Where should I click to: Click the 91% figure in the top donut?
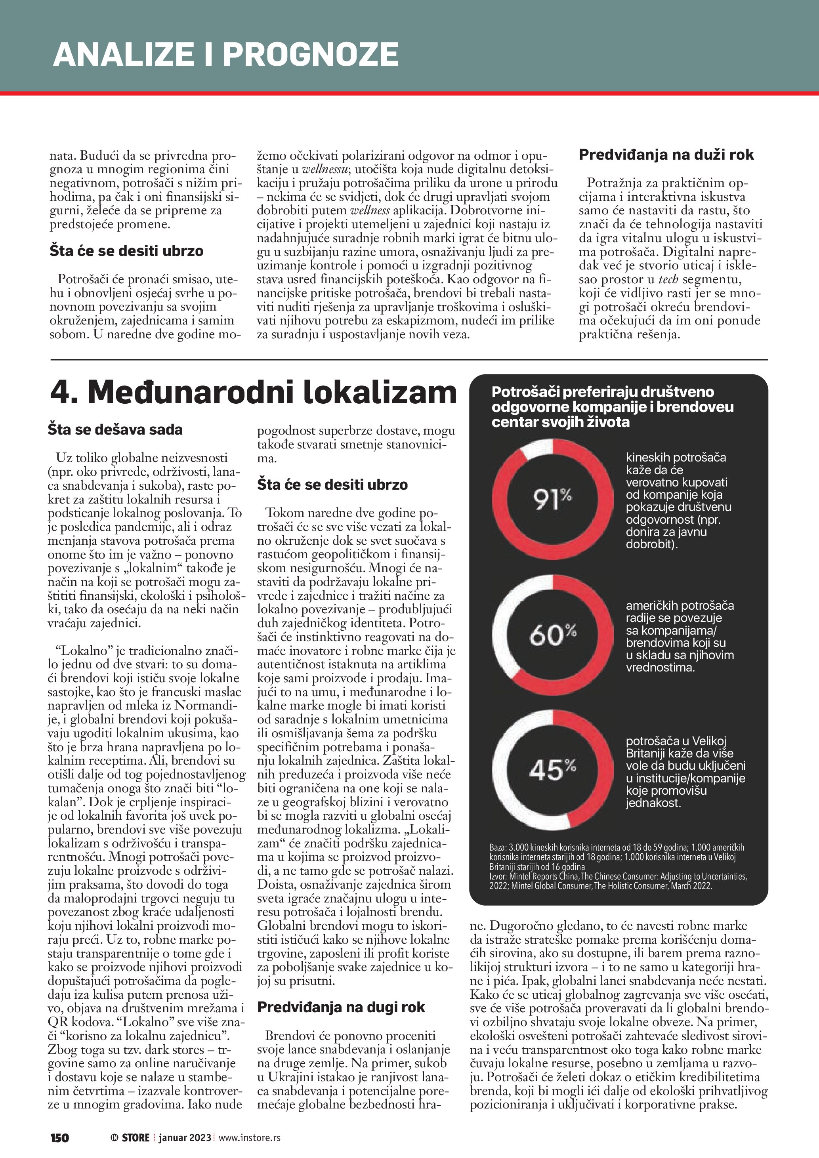pos(552,499)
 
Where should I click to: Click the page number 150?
pos(59,1138)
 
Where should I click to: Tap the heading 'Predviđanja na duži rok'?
pos(666,155)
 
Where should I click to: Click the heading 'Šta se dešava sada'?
pos(115,430)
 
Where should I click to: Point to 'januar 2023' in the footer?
pos(185,1138)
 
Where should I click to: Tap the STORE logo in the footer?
pos(131,1138)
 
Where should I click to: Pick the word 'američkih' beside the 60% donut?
pos(651,605)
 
